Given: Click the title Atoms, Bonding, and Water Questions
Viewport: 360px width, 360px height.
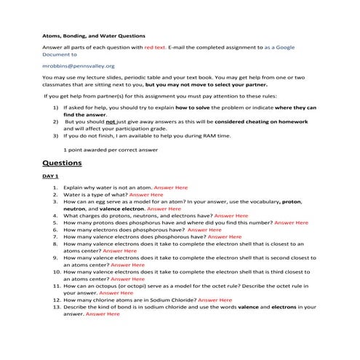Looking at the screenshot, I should [93, 35].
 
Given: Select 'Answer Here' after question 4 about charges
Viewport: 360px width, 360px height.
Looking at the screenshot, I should [231, 216].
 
